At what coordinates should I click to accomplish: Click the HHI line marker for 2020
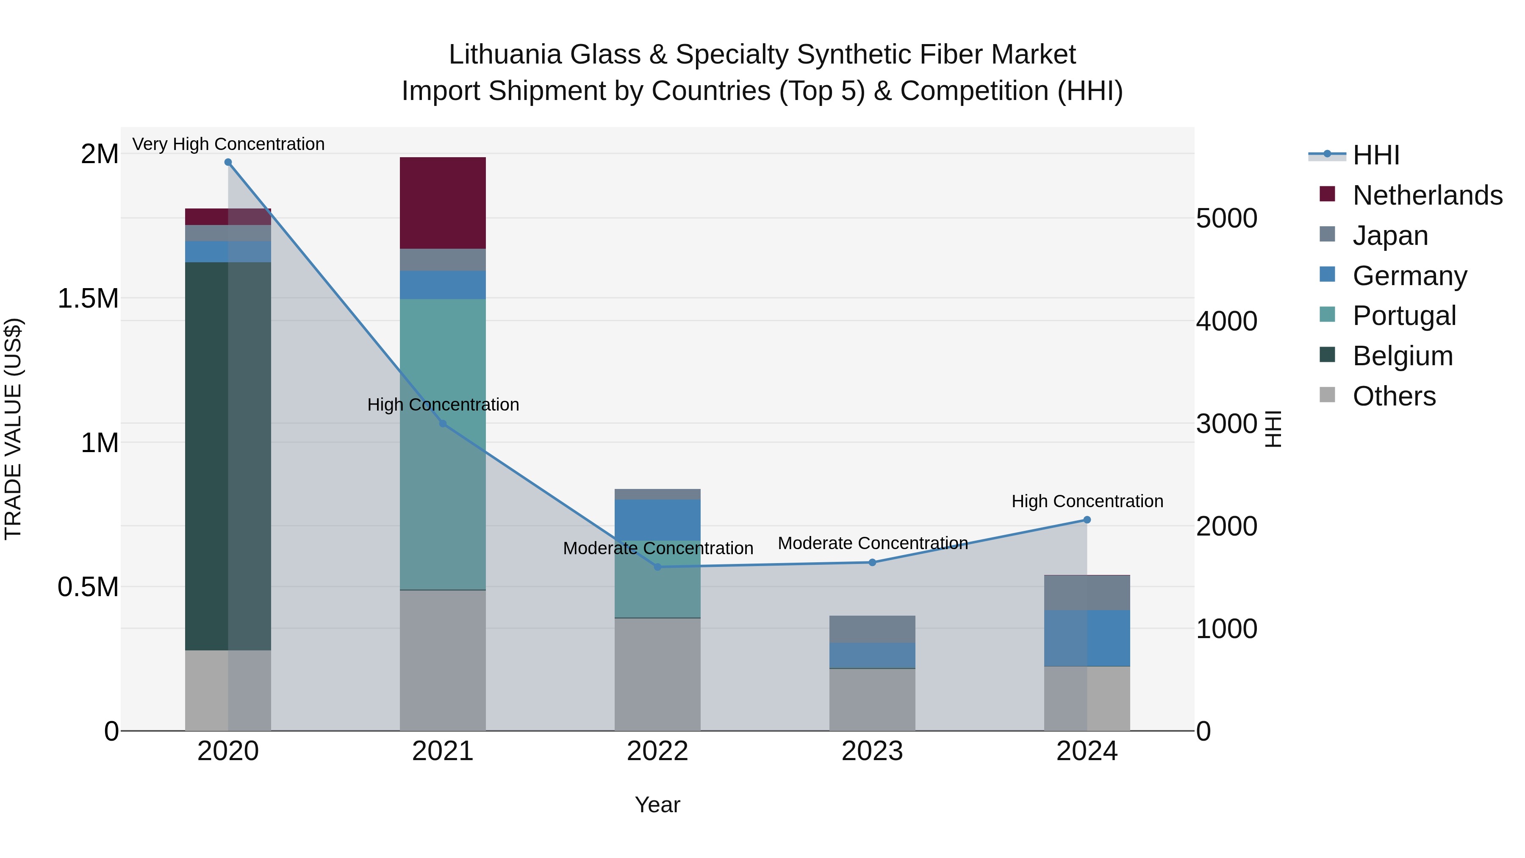click(228, 162)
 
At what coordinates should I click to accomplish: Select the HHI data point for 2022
click(657, 566)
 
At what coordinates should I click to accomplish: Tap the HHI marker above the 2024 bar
click(1087, 520)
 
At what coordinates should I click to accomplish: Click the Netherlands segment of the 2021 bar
click(443, 203)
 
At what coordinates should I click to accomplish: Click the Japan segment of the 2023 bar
click(872, 629)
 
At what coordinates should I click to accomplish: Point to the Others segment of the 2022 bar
click(657, 675)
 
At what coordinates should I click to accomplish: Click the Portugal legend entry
click(1404, 316)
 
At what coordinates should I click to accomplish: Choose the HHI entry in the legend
click(1376, 155)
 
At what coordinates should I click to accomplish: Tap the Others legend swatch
click(1327, 395)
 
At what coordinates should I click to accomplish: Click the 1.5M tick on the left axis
click(88, 298)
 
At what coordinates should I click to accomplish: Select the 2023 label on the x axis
click(872, 751)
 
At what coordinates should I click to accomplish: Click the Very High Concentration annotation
click(228, 144)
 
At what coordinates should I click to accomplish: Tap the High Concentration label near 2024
click(1087, 501)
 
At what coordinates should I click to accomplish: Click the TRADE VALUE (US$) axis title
click(13, 429)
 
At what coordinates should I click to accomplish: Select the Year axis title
click(657, 805)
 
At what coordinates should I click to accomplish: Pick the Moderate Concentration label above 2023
click(873, 543)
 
